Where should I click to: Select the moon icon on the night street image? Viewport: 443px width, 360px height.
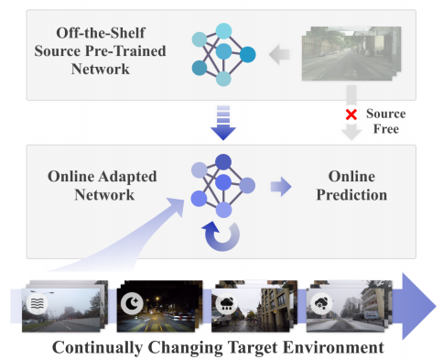point(133,300)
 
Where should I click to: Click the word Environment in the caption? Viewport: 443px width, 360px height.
point(332,347)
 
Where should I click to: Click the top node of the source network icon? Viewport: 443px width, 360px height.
point(223,30)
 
